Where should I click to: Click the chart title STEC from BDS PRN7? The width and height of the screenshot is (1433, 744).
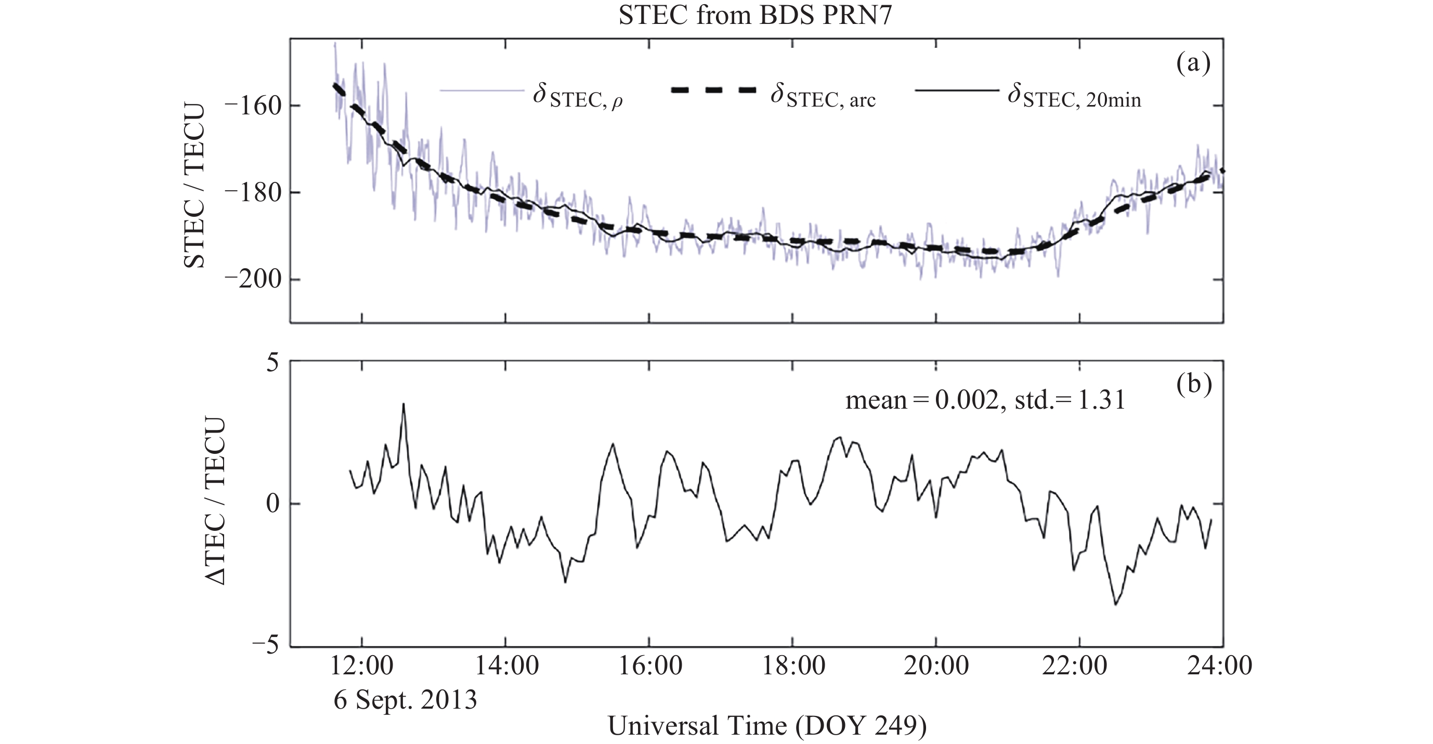point(755,15)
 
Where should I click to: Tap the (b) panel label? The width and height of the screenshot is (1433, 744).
point(1194,385)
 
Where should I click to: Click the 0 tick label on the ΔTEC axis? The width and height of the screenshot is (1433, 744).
point(271,504)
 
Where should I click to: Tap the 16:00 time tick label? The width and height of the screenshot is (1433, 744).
point(649,665)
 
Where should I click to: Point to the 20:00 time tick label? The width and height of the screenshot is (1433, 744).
point(936,665)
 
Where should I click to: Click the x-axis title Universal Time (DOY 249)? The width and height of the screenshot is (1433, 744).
point(767,726)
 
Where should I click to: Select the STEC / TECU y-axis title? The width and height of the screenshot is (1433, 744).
point(194,186)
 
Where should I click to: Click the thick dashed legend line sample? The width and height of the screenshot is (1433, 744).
point(714,90)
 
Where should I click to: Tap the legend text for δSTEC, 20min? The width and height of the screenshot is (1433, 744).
point(1074,97)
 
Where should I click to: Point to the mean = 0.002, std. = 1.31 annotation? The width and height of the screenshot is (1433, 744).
point(985,400)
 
